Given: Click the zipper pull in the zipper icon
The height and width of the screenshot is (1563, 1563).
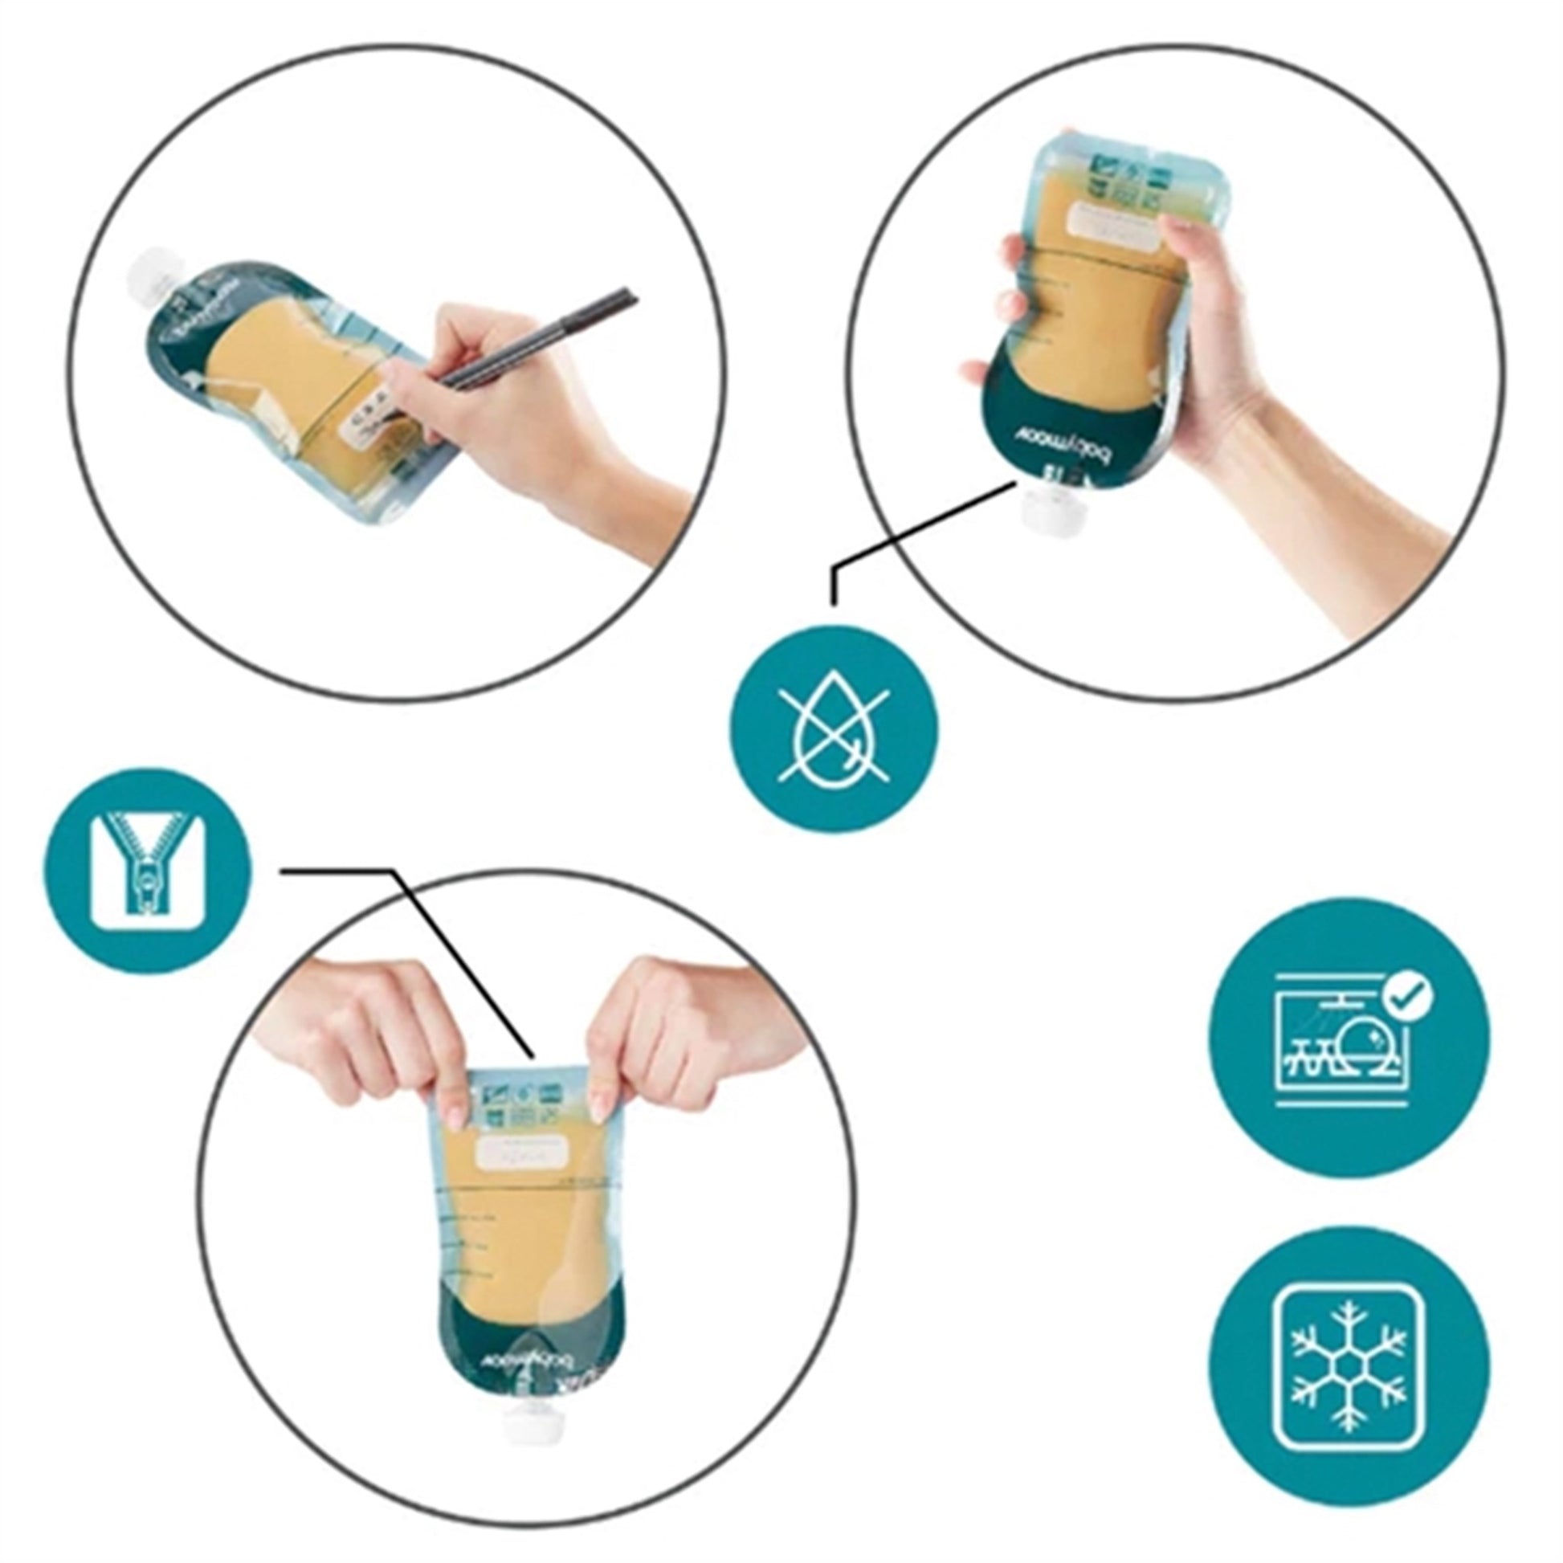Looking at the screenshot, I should [x=147, y=882].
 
